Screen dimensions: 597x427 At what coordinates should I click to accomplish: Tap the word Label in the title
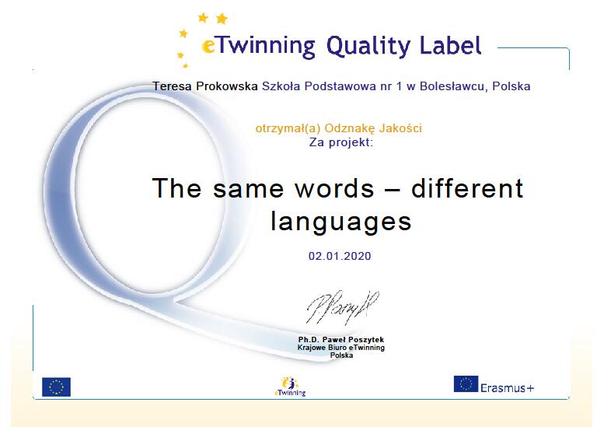pyautogui.click(x=450, y=45)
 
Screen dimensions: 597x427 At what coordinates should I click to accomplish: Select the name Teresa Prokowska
pyautogui.click(x=205, y=86)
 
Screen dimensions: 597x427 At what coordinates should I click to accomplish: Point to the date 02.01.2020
pyautogui.click(x=340, y=256)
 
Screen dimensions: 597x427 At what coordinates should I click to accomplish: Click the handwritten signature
pyautogui.click(x=343, y=307)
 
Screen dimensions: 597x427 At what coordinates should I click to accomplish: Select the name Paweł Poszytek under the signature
pyautogui.click(x=353, y=339)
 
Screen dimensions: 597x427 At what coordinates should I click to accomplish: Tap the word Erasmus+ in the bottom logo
pyautogui.click(x=507, y=388)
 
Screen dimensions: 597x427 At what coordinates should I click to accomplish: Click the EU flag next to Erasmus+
pyautogui.click(x=466, y=384)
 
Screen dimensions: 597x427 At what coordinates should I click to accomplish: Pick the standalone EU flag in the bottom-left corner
pyautogui.click(x=56, y=387)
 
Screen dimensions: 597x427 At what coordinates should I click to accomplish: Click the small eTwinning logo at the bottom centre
pyautogui.click(x=290, y=387)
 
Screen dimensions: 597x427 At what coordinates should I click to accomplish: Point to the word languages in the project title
pyautogui.click(x=341, y=222)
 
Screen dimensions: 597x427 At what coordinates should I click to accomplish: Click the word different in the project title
pyautogui.click(x=467, y=187)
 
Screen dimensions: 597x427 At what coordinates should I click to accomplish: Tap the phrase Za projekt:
pyautogui.click(x=341, y=142)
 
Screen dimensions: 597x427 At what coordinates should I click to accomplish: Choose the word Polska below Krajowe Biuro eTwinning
pyautogui.click(x=341, y=355)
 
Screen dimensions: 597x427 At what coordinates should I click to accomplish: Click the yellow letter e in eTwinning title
pyautogui.click(x=208, y=46)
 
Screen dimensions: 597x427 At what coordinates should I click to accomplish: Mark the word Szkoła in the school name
pyautogui.click(x=281, y=86)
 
